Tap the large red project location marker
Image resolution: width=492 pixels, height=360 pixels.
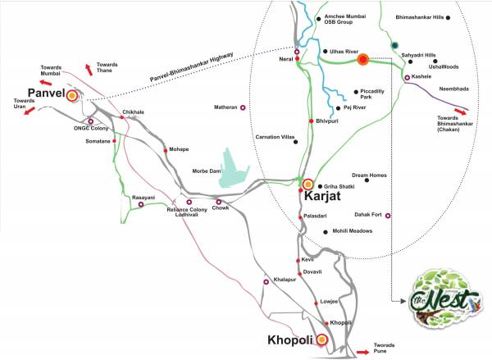[x=362, y=58]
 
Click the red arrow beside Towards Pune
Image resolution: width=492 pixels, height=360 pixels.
[x=362, y=351]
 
